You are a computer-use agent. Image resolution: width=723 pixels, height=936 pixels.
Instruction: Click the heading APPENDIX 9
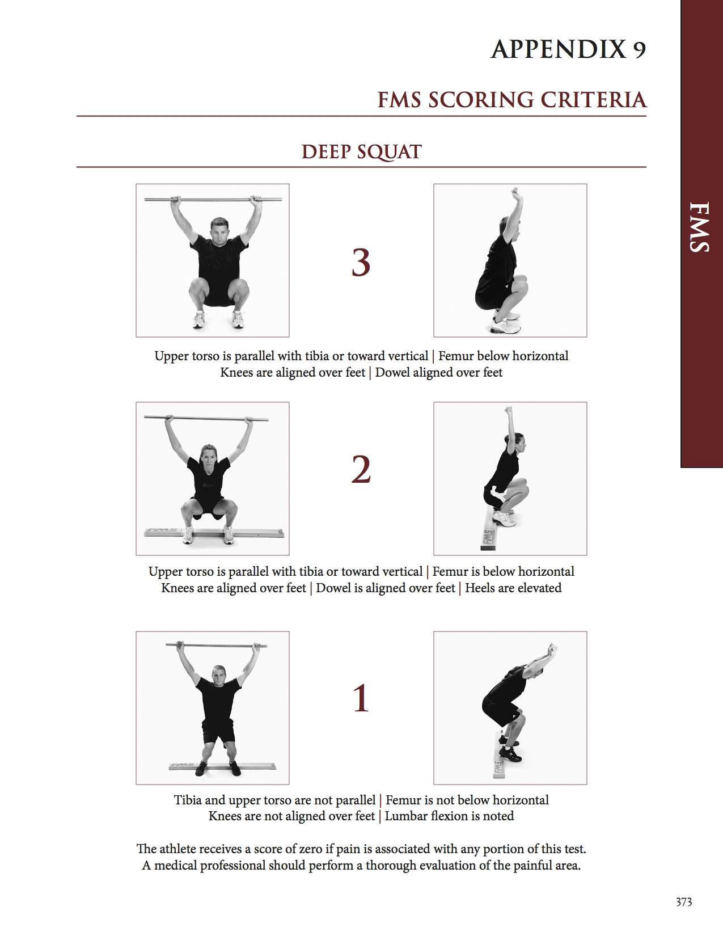(x=568, y=50)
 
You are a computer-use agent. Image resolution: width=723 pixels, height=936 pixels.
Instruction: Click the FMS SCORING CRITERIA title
(x=511, y=100)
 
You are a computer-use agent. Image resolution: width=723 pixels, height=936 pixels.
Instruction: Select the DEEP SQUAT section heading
(x=361, y=151)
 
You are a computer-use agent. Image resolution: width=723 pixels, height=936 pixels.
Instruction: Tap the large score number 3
(x=361, y=262)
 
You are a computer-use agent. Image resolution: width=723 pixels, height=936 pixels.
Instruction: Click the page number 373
(x=683, y=902)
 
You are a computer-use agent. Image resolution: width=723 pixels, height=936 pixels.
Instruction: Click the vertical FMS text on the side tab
(x=701, y=226)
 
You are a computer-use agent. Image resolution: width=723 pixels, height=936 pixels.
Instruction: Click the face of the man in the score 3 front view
(x=218, y=230)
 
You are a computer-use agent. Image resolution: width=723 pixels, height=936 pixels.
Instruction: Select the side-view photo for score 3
(x=510, y=260)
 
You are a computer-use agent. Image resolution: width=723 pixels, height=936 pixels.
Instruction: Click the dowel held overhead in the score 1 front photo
(x=216, y=645)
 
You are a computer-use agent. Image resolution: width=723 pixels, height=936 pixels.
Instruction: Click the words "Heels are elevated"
(x=513, y=588)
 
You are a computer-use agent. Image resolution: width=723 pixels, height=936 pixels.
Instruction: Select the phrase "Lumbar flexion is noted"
(x=449, y=816)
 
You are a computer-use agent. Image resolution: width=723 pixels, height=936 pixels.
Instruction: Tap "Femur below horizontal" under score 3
(x=502, y=356)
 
